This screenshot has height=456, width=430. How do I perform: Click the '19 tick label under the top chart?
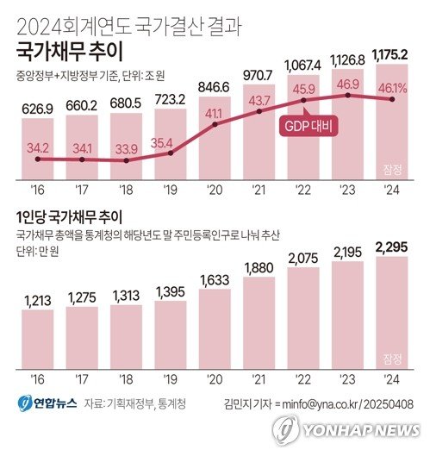(x=166, y=191)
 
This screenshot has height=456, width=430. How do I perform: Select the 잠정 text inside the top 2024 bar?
(x=390, y=167)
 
